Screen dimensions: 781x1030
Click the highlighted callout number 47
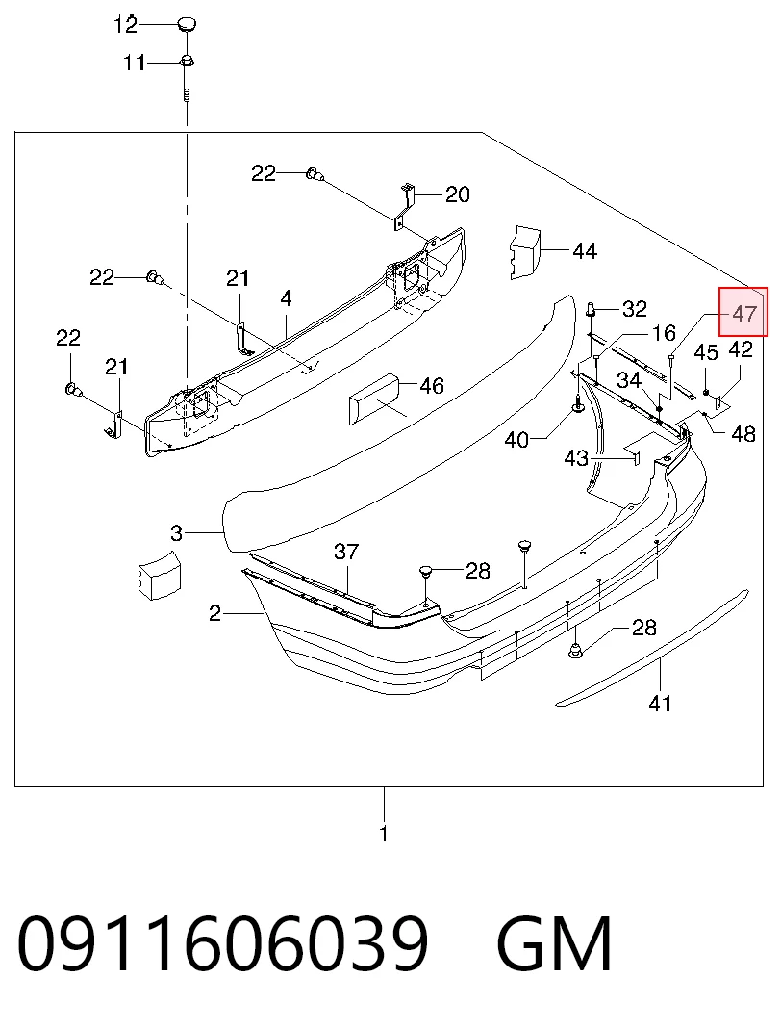[743, 314]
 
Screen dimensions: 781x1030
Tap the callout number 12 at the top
[125, 25]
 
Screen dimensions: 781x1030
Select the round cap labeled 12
[186, 24]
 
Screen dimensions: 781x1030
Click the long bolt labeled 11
[187, 78]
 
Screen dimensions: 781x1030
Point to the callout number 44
[585, 251]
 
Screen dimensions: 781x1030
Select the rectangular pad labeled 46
[374, 399]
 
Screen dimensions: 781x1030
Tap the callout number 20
[458, 194]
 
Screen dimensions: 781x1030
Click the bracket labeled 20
[404, 206]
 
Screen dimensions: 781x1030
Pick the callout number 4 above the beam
[286, 298]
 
